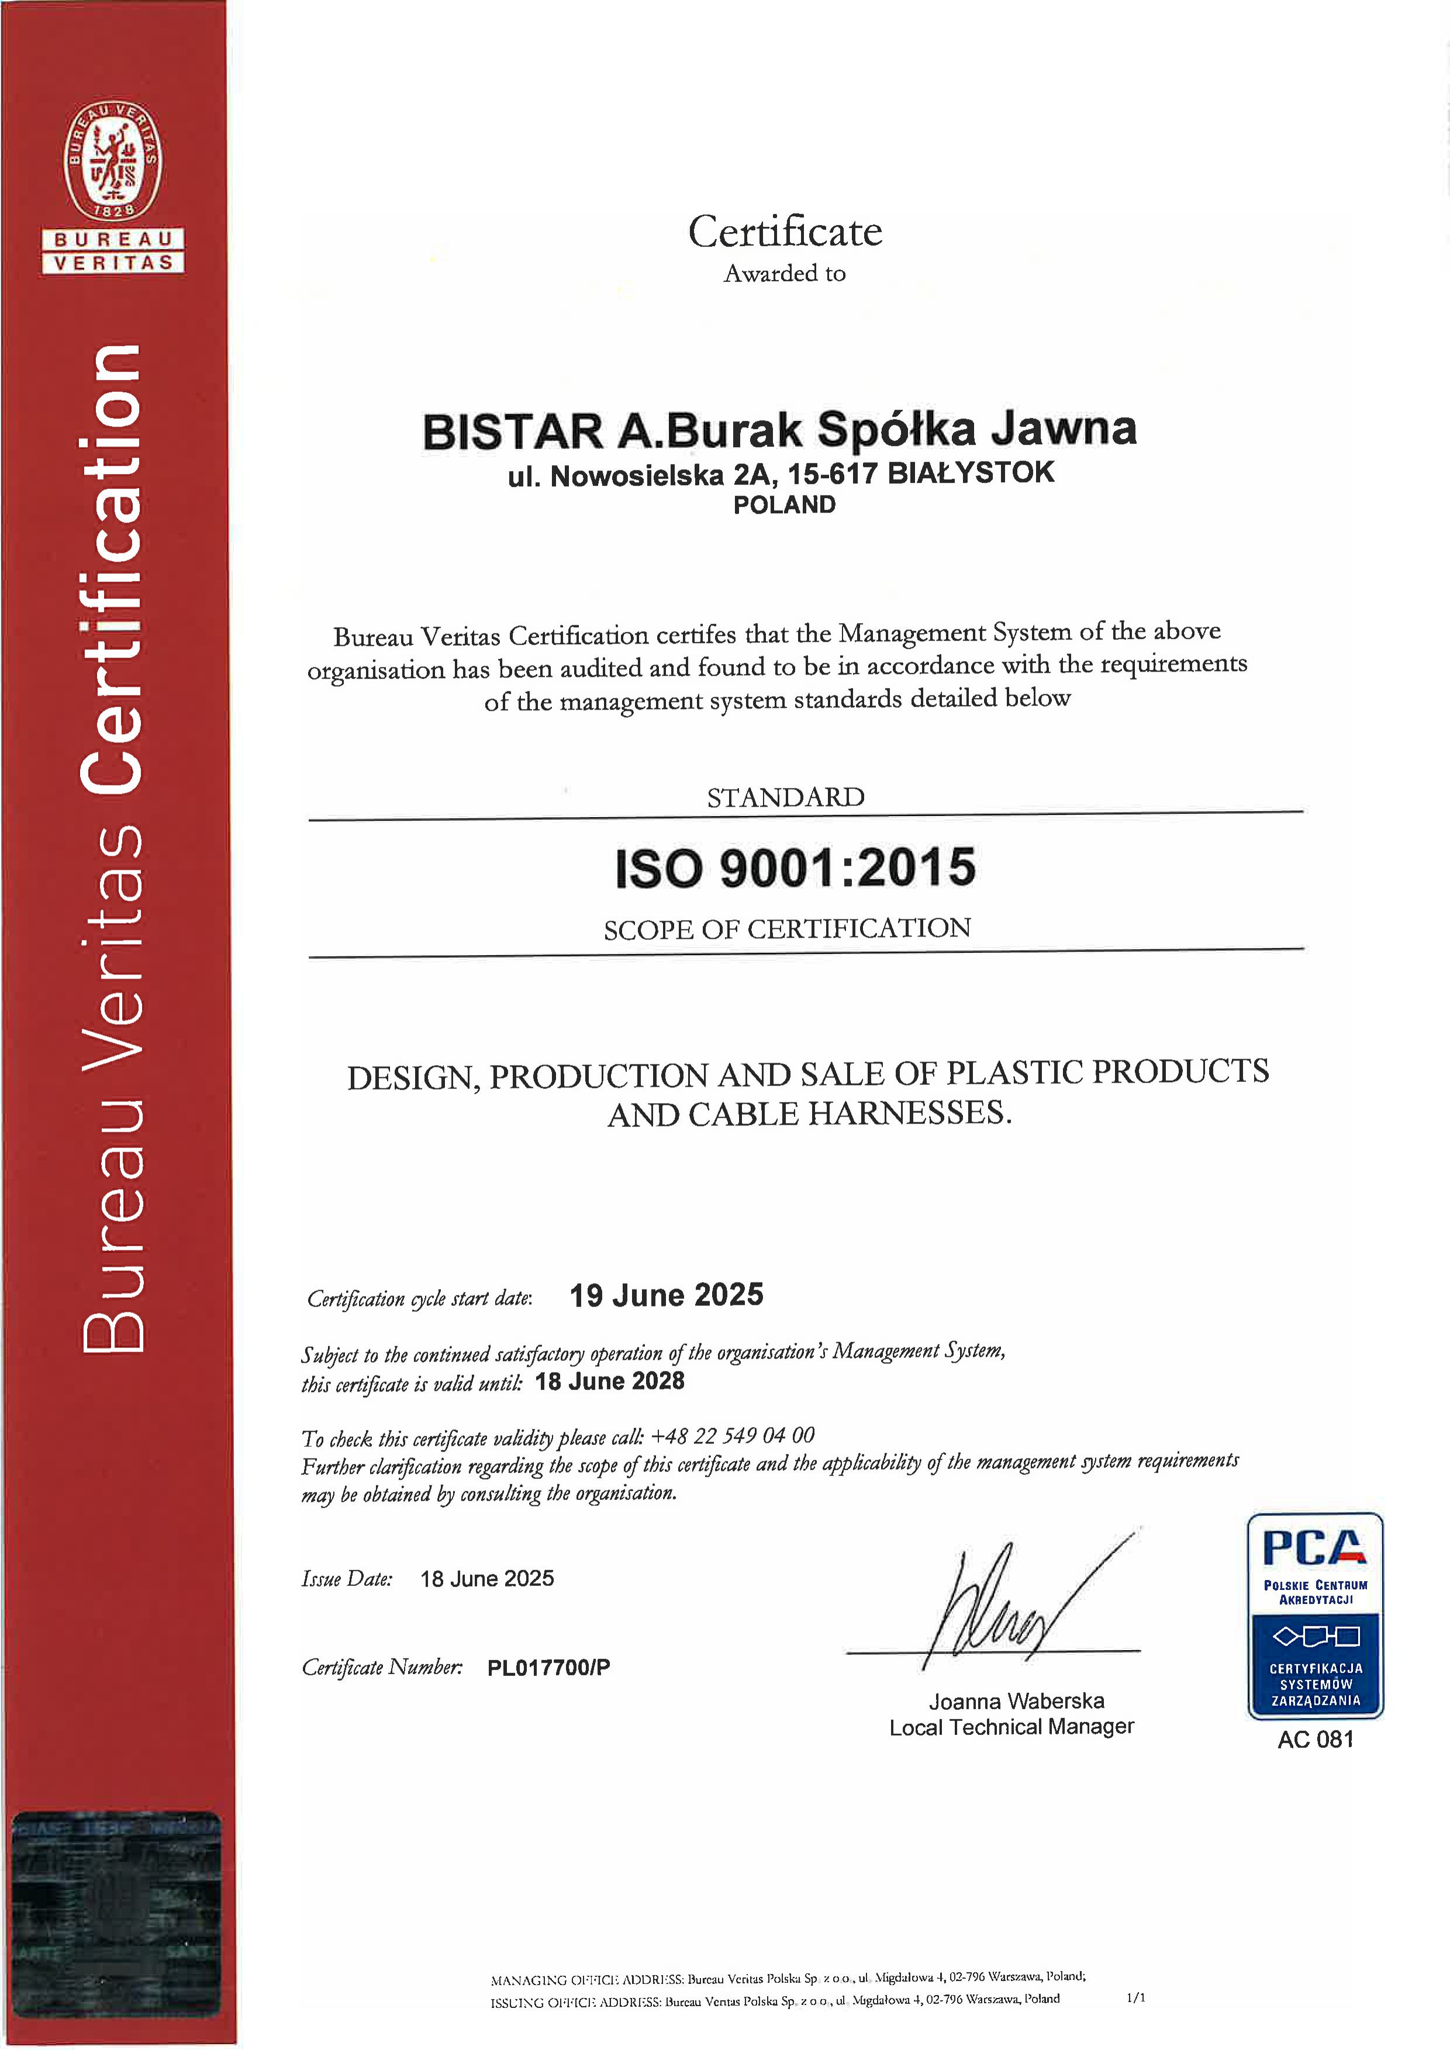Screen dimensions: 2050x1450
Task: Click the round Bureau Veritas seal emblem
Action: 112,161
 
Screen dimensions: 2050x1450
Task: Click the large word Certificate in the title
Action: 785,232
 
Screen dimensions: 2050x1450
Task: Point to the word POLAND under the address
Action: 784,506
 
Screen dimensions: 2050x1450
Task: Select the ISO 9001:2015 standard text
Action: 795,868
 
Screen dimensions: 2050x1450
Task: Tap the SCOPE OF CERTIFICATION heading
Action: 786,929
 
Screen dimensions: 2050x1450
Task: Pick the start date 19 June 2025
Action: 666,1295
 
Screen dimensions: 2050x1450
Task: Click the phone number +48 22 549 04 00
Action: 732,1436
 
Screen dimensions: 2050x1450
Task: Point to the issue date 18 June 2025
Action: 486,1579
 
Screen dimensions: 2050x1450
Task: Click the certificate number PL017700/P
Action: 548,1668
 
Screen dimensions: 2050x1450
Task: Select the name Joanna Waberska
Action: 1016,1701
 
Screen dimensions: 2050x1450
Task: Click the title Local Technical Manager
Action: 1011,1727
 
